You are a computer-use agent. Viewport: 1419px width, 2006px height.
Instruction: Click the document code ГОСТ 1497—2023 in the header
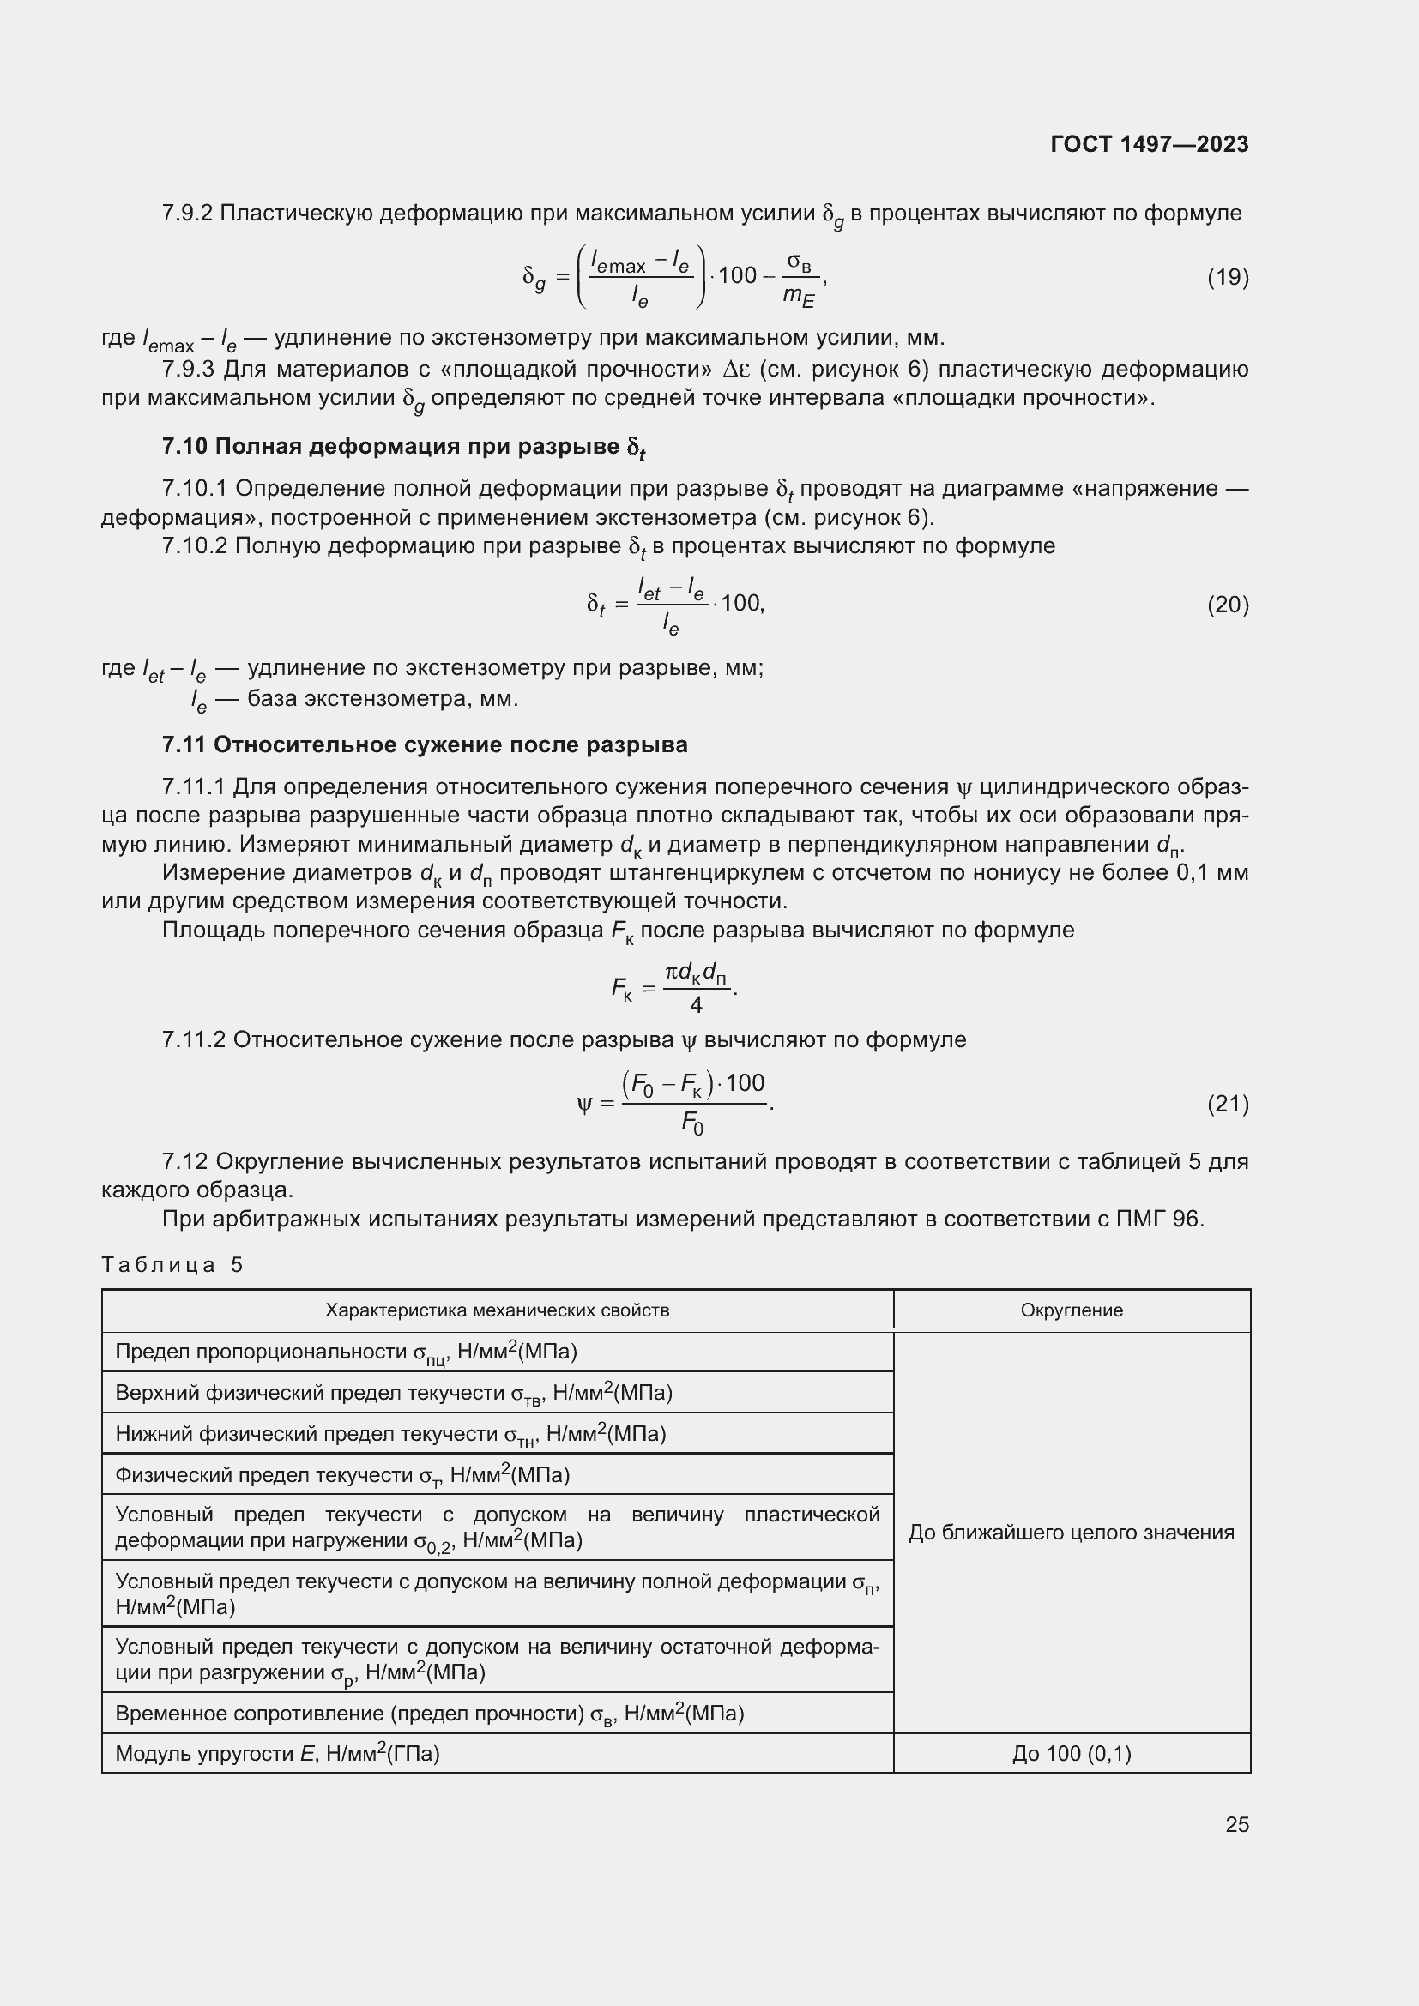(x=1149, y=144)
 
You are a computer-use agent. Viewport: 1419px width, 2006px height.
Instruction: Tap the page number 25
(x=1236, y=1824)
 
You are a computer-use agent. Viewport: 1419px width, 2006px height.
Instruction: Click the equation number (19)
(x=1228, y=277)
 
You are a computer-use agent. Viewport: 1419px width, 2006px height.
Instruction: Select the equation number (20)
(x=1228, y=605)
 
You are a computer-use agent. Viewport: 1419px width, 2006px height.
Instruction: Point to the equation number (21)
(x=1228, y=1105)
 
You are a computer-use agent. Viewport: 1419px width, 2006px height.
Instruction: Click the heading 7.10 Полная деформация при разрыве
(x=403, y=448)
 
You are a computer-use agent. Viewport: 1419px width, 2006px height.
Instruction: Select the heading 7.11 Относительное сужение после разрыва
(x=425, y=745)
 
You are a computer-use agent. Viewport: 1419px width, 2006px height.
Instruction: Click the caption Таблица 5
(x=172, y=1264)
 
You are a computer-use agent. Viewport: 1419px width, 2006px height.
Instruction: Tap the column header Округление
(x=1072, y=1310)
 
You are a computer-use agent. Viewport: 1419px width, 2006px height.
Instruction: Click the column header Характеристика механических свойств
(x=498, y=1310)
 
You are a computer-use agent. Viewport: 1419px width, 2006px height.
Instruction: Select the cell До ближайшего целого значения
(x=1072, y=1533)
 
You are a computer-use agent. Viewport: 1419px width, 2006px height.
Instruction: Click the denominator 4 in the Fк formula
(x=696, y=1006)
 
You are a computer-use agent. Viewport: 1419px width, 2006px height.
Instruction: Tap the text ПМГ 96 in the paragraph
(x=1160, y=1219)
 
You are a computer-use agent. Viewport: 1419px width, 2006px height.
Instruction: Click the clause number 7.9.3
(x=187, y=370)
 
